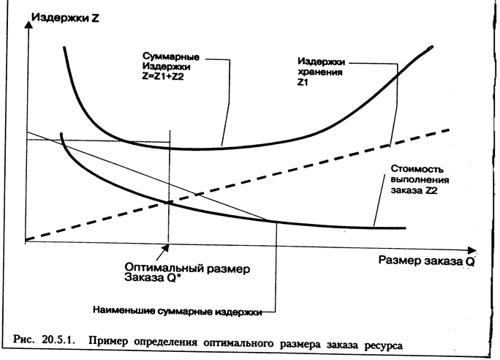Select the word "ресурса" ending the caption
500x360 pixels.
pos(382,342)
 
